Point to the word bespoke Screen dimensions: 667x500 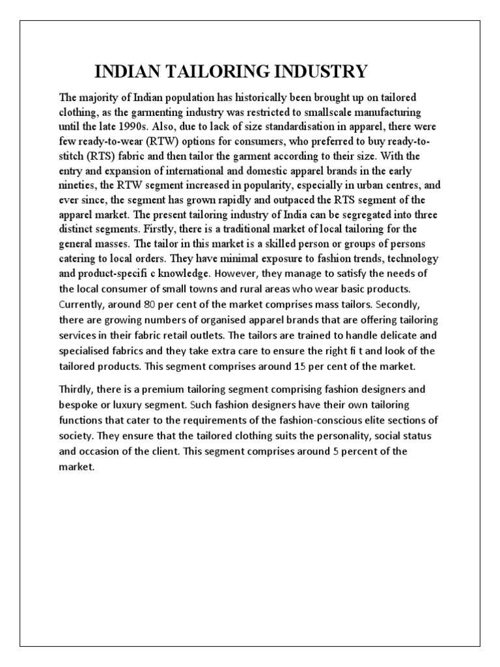tap(79, 404)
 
